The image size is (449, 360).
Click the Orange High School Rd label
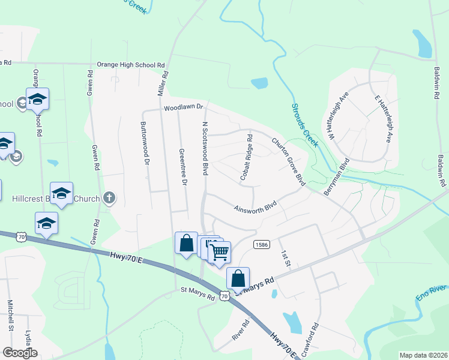pyautogui.click(x=131, y=65)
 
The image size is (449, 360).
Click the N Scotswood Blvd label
pyautogui.click(x=205, y=149)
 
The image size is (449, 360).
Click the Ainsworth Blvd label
pyautogui.click(x=258, y=208)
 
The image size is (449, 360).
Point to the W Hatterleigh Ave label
pyautogui.click(x=337, y=117)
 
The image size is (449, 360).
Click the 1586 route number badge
pyautogui.click(x=261, y=245)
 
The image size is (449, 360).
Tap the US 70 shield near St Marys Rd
pyautogui.click(x=224, y=295)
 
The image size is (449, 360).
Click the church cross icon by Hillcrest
pyautogui.click(x=109, y=197)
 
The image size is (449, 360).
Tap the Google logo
pyautogui.click(x=20, y=352)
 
